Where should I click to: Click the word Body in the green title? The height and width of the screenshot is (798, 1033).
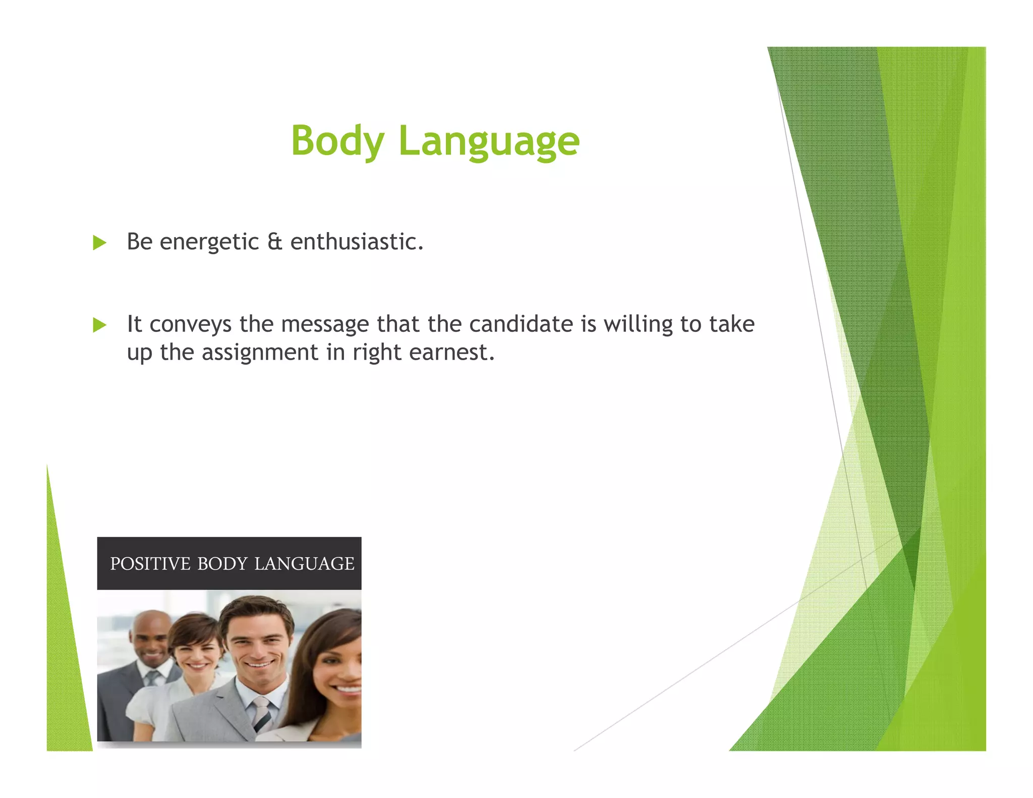[x=337, y=141]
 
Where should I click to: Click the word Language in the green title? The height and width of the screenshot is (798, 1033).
[x=489, y=142]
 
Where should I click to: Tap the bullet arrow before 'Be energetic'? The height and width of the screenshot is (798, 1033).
[x=100, y=243]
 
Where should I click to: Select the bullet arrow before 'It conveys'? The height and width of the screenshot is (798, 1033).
[x=100, y=325]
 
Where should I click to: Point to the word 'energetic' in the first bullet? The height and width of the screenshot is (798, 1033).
[x=209, y=242]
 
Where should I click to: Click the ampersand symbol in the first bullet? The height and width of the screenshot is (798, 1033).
[x=275, y=242]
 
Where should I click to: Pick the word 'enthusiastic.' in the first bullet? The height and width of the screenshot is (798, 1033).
[x=357, y=242]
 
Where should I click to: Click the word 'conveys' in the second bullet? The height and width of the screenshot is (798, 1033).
[x=191, y=324]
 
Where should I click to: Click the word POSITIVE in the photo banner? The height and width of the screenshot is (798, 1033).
[x=150, y=563]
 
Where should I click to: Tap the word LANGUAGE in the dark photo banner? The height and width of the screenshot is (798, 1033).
[x=304, y=563]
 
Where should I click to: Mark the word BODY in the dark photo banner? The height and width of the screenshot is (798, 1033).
[x=222, y=563]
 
